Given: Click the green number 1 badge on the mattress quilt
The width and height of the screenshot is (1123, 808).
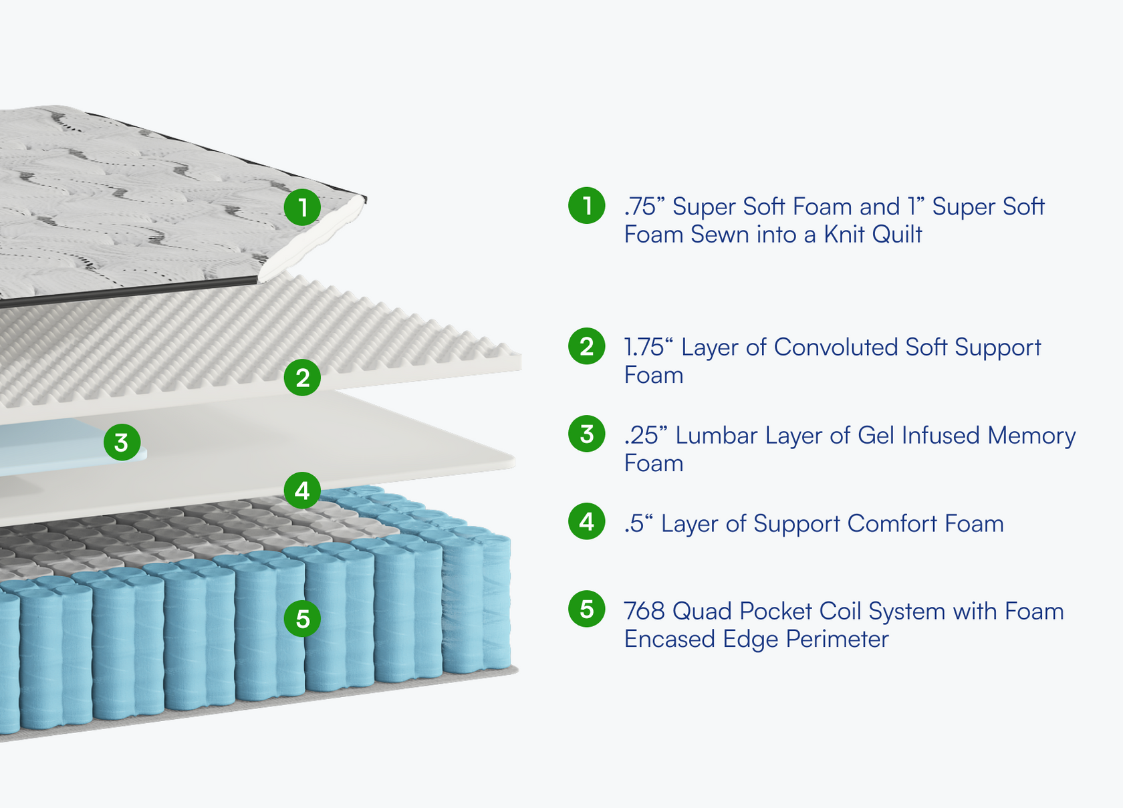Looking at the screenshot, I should coord(302,207).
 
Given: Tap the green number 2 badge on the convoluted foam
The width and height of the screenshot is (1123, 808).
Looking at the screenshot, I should coord(302,378).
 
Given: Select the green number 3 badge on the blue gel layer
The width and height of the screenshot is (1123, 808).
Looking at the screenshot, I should coord(122,442).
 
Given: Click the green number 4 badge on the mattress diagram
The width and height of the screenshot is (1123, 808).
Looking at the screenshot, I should coord(302,491).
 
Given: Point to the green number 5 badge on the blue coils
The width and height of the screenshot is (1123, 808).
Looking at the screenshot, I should coord(302,618).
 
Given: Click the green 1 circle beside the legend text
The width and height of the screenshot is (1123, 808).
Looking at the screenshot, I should coord(587,205).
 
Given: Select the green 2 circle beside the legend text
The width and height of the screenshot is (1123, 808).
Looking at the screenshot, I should coord(587,346).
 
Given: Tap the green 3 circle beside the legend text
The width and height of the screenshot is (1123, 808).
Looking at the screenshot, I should coord(587,434).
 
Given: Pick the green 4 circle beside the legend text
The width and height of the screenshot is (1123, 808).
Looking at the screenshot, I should coord(587,521).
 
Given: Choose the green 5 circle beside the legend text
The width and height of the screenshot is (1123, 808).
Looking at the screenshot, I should coord(587,609).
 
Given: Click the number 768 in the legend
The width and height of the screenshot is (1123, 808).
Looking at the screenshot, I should coord(644,611).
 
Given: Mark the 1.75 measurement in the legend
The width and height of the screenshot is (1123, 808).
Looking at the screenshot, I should coord(644,348).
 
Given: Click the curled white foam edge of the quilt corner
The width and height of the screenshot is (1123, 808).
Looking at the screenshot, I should coord(314,244).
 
